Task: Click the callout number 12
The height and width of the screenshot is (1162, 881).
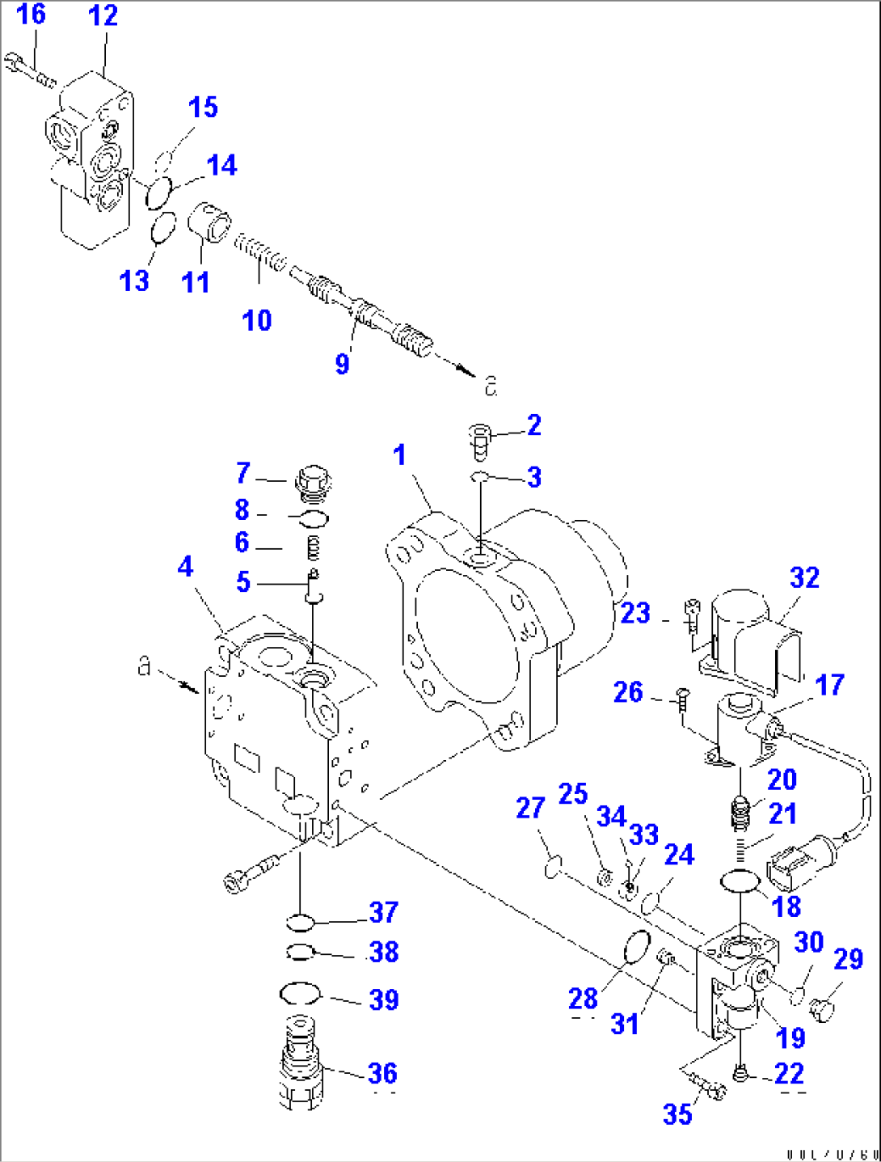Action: pos(103,15)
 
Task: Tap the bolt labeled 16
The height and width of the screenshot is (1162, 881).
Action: pos(28,70)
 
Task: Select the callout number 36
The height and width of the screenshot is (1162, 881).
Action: pos(382,1073)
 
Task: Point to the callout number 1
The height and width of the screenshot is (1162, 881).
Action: pos(399,455)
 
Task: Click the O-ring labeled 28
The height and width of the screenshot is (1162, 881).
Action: pos(637,947)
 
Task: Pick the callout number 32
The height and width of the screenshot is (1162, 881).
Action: pos(804,577)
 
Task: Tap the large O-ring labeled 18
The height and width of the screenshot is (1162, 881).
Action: pos(739,881)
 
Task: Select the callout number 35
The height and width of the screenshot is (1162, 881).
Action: pos(677,1113)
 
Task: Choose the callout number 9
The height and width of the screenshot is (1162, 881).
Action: pos(343,363)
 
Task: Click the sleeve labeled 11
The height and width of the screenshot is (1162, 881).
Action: pos(210,222)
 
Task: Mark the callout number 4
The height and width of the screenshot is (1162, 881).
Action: pos(185,566)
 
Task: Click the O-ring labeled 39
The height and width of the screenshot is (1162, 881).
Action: pos(300,993)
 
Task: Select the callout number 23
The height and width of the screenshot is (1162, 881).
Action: pos(634,613)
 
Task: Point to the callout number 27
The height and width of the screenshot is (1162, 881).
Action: pos(530,807)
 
